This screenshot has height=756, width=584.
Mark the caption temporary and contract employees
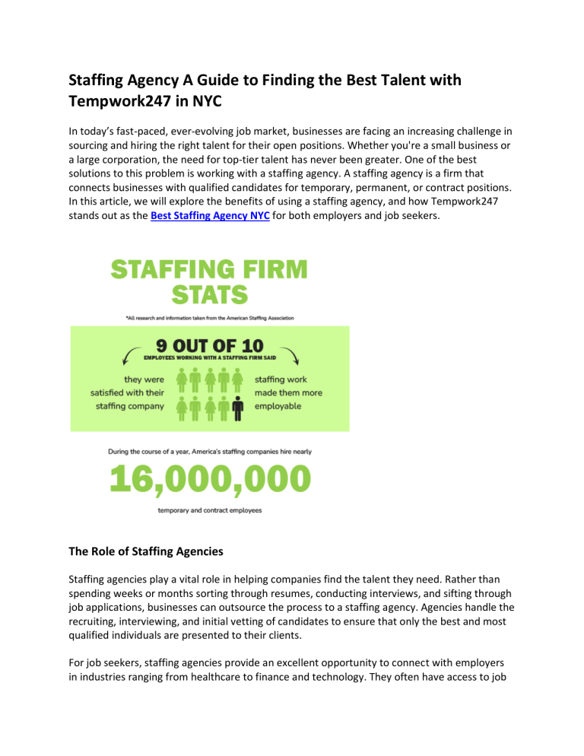pos(209,510)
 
